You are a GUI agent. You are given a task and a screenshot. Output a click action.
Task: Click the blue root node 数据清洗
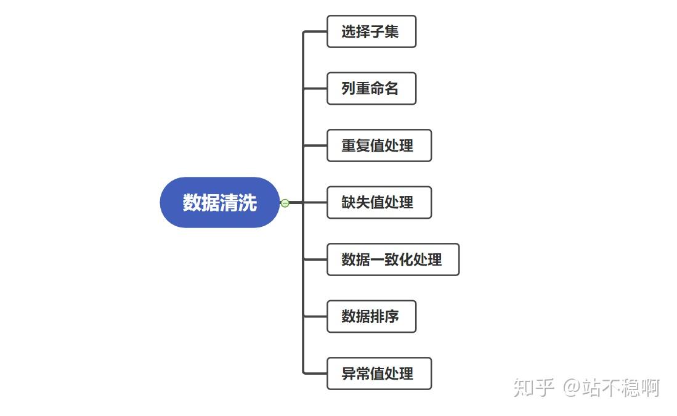[x=220, y=202]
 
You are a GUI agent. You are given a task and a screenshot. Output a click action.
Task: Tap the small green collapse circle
[x=285, y=203]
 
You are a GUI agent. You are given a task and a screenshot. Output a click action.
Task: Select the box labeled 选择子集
[x=371, y=31]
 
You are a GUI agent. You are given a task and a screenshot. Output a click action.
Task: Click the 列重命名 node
[x=371, y=89]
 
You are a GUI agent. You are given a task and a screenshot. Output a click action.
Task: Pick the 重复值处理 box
[x=378, y=145]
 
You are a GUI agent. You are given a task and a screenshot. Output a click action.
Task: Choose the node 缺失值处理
[x=378, y=202]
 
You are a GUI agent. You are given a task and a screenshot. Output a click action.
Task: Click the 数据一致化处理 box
[x=392, y=259]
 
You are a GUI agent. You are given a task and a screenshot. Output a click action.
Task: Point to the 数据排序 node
[x=371, y=316]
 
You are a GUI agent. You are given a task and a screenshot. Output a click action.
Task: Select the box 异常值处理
[x=378, y=373]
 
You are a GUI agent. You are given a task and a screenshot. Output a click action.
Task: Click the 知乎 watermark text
[x=533, y=388]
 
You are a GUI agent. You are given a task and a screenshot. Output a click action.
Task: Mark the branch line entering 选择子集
[x=315, y=31]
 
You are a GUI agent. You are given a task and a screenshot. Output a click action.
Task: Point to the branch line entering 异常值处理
[x=315, y=373]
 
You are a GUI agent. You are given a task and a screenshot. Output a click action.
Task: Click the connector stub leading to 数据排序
[x=315, y=316]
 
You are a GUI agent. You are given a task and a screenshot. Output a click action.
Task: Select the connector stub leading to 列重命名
[x=315, y=89]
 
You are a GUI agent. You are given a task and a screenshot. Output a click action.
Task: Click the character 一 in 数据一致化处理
[x=378, y=259]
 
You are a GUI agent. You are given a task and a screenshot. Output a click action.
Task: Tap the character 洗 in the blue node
[x=248, y=202]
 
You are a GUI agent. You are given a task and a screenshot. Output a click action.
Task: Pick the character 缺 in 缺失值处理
[x=349, y=202]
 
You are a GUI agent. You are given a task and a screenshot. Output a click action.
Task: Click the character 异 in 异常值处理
[x=349, y=373]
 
